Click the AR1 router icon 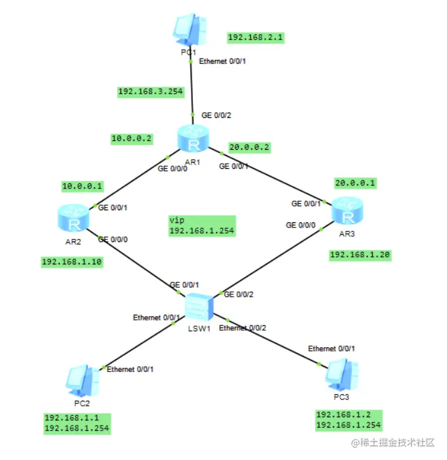[x=194, y=140]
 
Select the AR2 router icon [x=75, y=217]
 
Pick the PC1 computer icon [x=189, y=29]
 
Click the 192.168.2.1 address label [x=256, y=38]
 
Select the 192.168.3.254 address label [x=150, y=92]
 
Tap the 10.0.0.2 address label [x=132, y=138]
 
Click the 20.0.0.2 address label [x=248, y=147]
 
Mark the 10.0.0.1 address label [x=82, y=186]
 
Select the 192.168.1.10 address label [x=72, y=261]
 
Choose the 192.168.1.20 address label [x=360, y=255]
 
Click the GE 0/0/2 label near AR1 [x=216, y=115]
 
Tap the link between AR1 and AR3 [x=274, y=178]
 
